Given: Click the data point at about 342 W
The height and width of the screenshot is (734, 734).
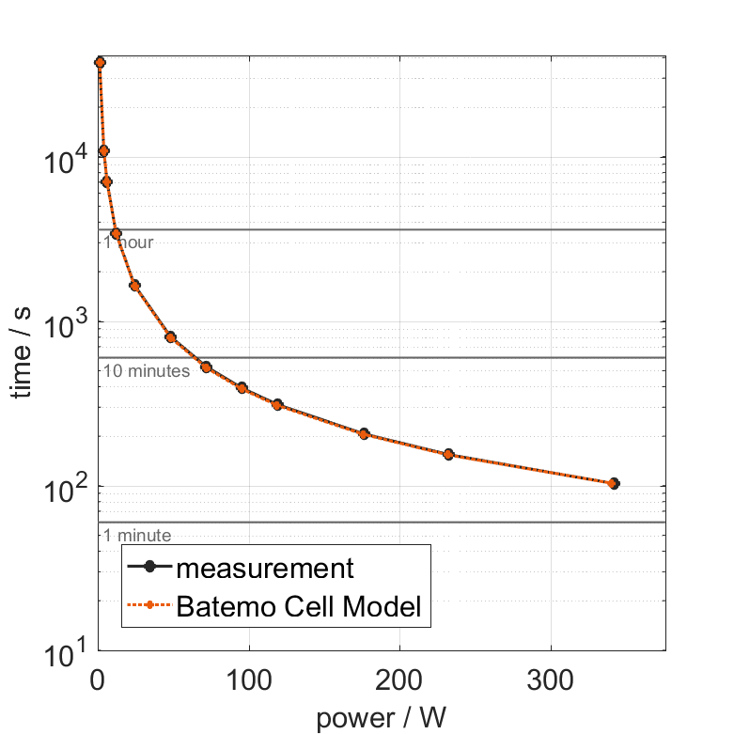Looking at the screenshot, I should pyautogui.click(x=614, y=483).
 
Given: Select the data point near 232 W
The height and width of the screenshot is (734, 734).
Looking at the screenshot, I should pyautogui.click(x=448, y=455).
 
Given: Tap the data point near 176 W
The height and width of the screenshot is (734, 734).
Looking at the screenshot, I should pyautogui.click(x=364, y=434).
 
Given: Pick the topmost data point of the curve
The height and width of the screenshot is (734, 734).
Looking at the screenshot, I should pyautogui.click(x=100, y=63).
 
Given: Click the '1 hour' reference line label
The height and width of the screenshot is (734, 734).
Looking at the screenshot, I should pyautogui.click(x=129, y=242).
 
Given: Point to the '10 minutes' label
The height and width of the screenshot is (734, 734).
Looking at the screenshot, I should pyautogui.click(x=147, y=370).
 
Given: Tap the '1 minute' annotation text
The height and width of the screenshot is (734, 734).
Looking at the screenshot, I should pyautogui.click(x=137, y=536).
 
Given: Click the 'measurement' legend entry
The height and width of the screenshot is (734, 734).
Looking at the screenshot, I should pyautogui.click(x=265, y=569).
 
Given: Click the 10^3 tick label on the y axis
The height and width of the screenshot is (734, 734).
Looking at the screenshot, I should pyautogui.click(x=65, y=322).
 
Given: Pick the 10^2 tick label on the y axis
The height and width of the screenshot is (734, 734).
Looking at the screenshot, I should pyautogui.click(x=65, y=487).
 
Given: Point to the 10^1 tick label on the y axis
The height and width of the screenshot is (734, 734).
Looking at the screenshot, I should pyautogui.click(x=65, y=650).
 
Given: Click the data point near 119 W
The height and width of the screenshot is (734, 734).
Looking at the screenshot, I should pyautogui.click(x=277, y=405).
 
